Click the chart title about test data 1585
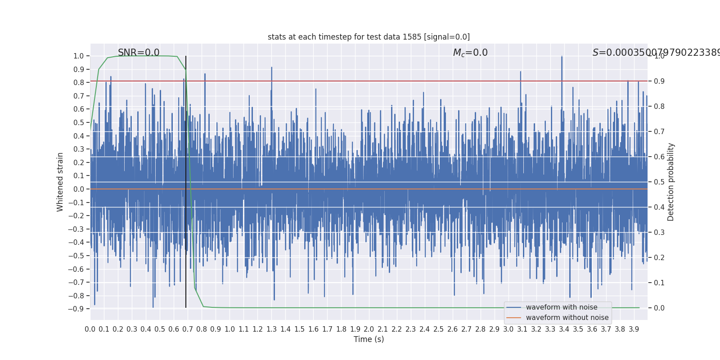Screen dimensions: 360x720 (369, 37)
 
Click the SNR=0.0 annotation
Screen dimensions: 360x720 (139, 53)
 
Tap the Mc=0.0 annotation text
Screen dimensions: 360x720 (470, 53)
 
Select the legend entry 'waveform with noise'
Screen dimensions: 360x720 (562, 307)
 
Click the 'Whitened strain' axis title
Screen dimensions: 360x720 (60, 182)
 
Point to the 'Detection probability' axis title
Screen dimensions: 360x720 (671, 182)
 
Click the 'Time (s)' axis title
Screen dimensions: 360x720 (369, 339)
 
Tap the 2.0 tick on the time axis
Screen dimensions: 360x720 (369, 329)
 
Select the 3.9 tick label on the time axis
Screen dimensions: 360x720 (634, 329)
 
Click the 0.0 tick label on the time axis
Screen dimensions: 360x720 (90, 329)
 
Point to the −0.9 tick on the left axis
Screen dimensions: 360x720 (76, 309)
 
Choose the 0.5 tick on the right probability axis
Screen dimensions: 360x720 (659, 182)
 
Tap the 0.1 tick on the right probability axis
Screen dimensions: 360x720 (659, 283)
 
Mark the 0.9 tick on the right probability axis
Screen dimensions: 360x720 (659, 81)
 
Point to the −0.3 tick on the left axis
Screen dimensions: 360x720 (76, 229)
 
